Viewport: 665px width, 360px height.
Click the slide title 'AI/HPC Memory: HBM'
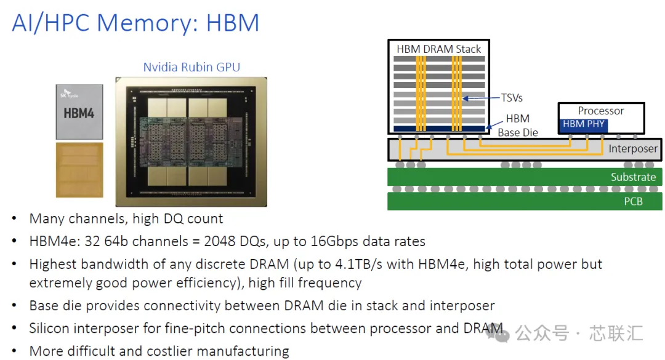(135, 23)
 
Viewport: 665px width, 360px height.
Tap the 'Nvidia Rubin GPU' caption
(191, 67)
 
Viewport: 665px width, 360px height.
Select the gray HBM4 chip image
(79, 112)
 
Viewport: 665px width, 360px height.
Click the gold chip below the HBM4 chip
(79, 170)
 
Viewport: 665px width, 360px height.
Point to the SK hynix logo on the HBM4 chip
(68, 94)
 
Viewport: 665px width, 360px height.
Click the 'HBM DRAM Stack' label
(439, 49)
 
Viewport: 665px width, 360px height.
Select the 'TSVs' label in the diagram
(512, 98)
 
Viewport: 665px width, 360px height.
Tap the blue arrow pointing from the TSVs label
(482, 98)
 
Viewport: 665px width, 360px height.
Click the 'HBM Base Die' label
(518, 126)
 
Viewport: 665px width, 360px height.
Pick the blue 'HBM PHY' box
(584, 124)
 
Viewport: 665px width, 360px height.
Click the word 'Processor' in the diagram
(601, 111)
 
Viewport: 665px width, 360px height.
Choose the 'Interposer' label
(633, 149)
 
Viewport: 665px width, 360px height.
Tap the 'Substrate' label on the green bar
(633, 177)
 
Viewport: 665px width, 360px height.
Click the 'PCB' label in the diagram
(633, 201)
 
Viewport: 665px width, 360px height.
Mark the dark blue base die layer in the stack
(440, 129)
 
